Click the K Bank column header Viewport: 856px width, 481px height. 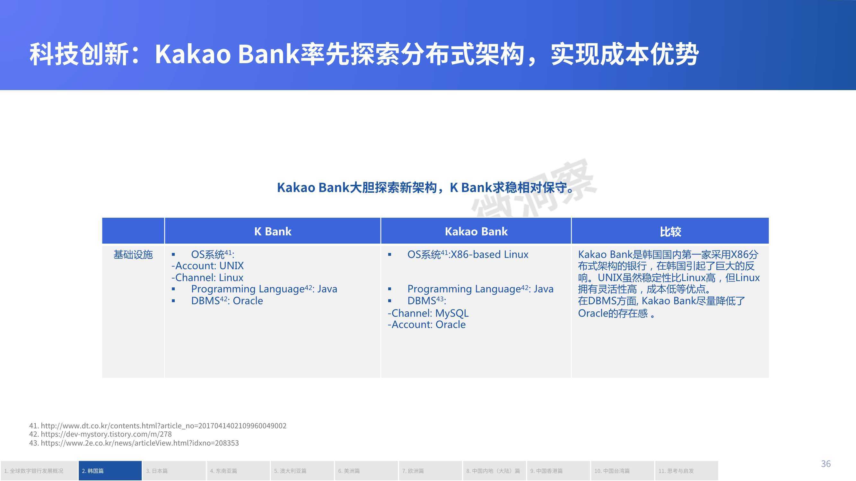point(273,232)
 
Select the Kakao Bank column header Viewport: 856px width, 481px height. point(476,232)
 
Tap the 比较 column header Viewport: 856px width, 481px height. point(670,232)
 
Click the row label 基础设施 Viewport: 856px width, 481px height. point(133,255)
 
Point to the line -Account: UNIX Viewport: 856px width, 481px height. point(208,266)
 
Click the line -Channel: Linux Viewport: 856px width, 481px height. point(207,277)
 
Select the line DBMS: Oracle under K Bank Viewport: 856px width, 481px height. point(217,301)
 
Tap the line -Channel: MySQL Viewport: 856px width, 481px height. point(428,313)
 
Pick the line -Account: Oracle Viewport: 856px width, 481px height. point(427,324)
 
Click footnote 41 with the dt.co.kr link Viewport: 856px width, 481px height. point(158,426)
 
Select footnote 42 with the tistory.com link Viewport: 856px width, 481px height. point(100,434)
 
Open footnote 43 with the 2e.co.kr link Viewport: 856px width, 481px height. point(134,443)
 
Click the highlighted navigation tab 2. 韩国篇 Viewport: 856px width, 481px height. point(110,471)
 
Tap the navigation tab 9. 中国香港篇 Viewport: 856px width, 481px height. point(558,471)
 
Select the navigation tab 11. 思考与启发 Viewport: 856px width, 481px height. point(686,471)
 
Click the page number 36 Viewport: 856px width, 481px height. point(826,464)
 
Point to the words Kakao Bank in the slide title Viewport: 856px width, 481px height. point(228,54)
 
